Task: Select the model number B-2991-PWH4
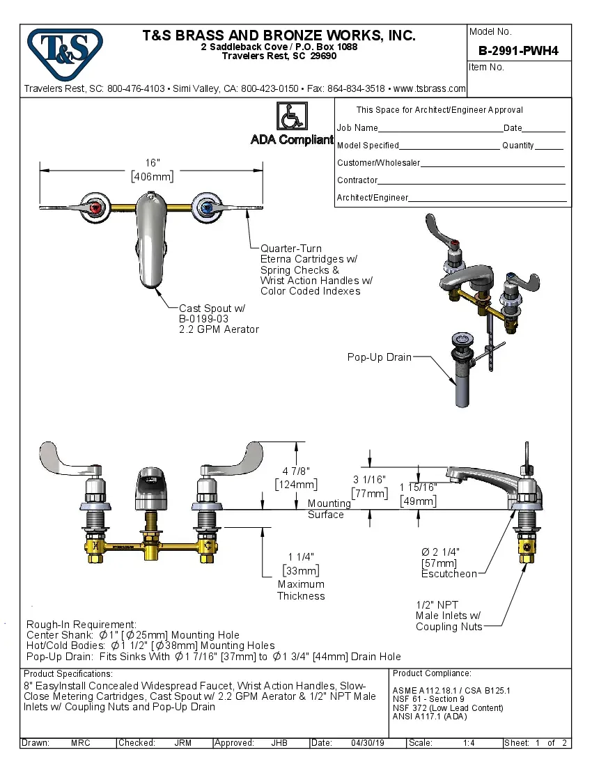pos(518,51)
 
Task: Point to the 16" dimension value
pos(153,162)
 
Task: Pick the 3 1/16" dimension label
pos(369,479)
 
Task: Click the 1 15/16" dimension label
pos(418,487)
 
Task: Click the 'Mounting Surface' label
pos(329,508)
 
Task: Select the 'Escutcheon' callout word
pos(449,574)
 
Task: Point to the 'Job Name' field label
pos(357,128)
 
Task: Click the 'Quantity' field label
pos(517,146)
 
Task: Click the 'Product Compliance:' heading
pos(432,673)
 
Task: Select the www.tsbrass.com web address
pos(429,88)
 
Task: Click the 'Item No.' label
pos(487,68)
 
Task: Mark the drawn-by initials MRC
pos(81,743)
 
